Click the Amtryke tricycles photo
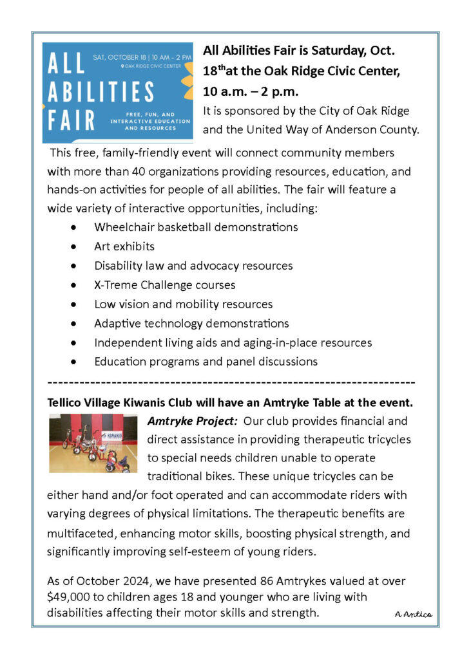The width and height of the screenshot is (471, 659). (x=93, y=443)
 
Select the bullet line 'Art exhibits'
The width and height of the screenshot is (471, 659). (x=124, y=246)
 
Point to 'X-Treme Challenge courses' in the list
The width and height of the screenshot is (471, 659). (x=165, y=284)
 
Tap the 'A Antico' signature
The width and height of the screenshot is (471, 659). (x=413, y=614)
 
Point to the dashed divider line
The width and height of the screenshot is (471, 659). (x=231, y=382)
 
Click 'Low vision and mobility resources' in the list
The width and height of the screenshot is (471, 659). (x=184, y=304)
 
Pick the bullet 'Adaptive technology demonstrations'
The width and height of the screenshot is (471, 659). (x=191, y=323)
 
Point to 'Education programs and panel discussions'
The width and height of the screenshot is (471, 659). (x=206, y=362)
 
